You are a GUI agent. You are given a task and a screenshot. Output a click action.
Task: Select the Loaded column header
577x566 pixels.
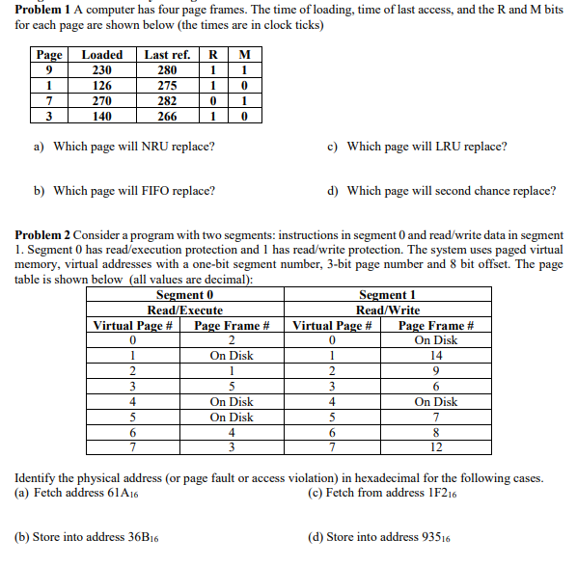101,55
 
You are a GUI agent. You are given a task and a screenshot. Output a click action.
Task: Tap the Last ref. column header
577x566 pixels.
167,55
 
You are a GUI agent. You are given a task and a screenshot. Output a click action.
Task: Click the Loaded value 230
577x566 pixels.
101,70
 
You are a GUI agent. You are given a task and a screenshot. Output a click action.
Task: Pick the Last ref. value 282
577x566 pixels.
167,101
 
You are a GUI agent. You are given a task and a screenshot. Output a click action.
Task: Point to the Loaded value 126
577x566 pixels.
101,86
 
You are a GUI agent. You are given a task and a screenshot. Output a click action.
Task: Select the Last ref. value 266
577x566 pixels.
167,117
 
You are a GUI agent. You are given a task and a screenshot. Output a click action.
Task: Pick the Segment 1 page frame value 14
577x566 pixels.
435,356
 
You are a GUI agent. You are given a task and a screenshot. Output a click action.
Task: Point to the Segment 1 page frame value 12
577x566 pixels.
435,448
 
